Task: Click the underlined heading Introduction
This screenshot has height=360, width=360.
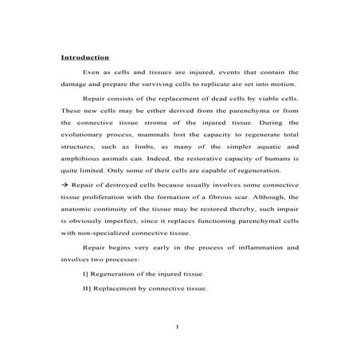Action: point(85,58)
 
